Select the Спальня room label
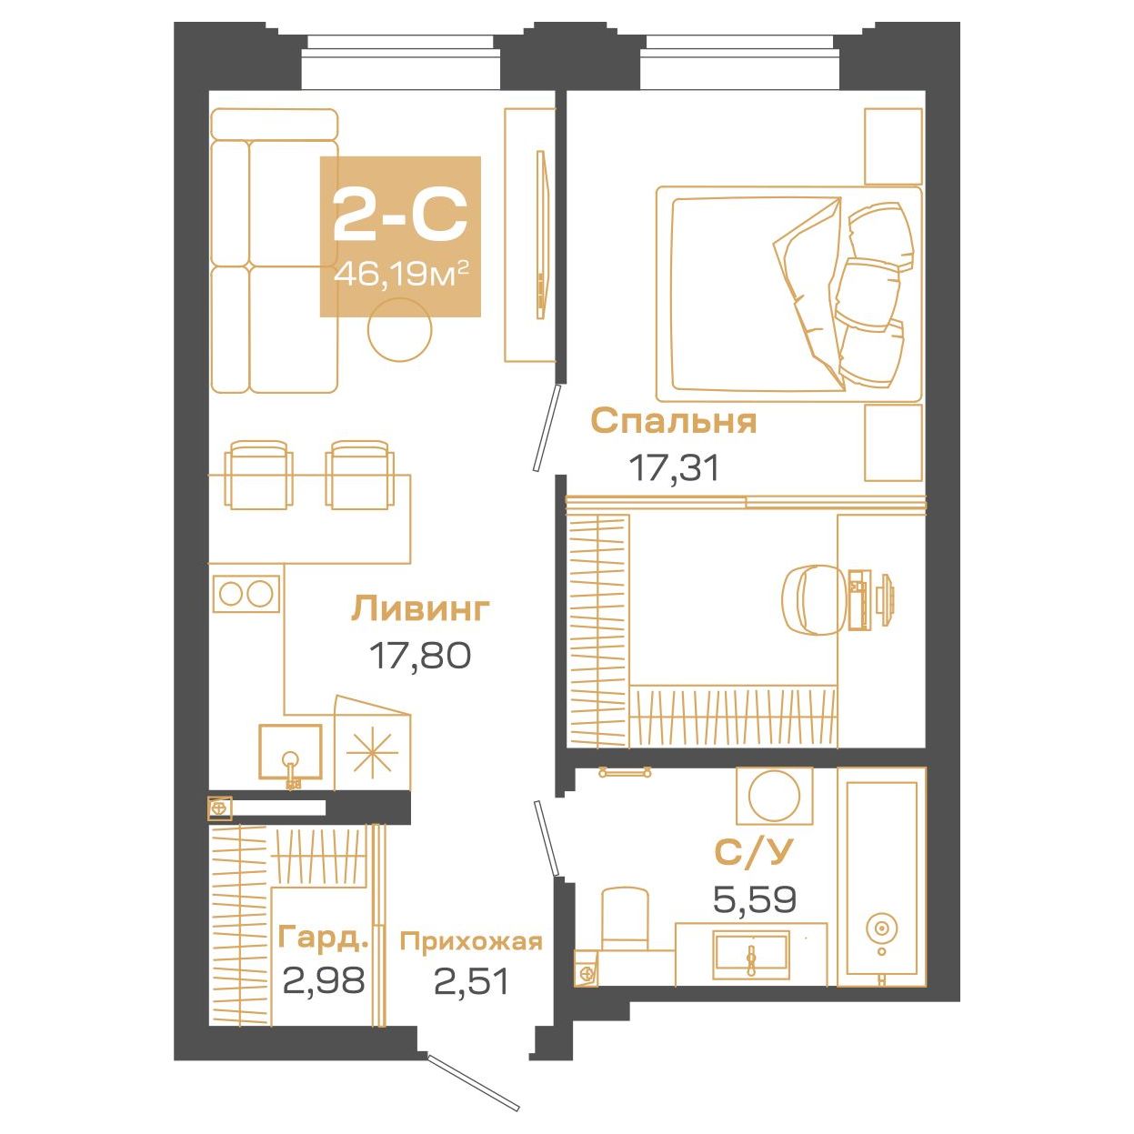coord(674,423)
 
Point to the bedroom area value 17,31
coord(675,469)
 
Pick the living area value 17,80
coord(420,656)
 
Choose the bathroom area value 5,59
coord(755,899)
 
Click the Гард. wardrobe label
coord(325,938)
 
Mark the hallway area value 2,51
coord(471,981)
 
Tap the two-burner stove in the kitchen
coord(246,593)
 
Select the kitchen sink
coord(290,758)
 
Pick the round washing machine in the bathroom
coord(774,796)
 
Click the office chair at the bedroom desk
coord(813,600)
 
